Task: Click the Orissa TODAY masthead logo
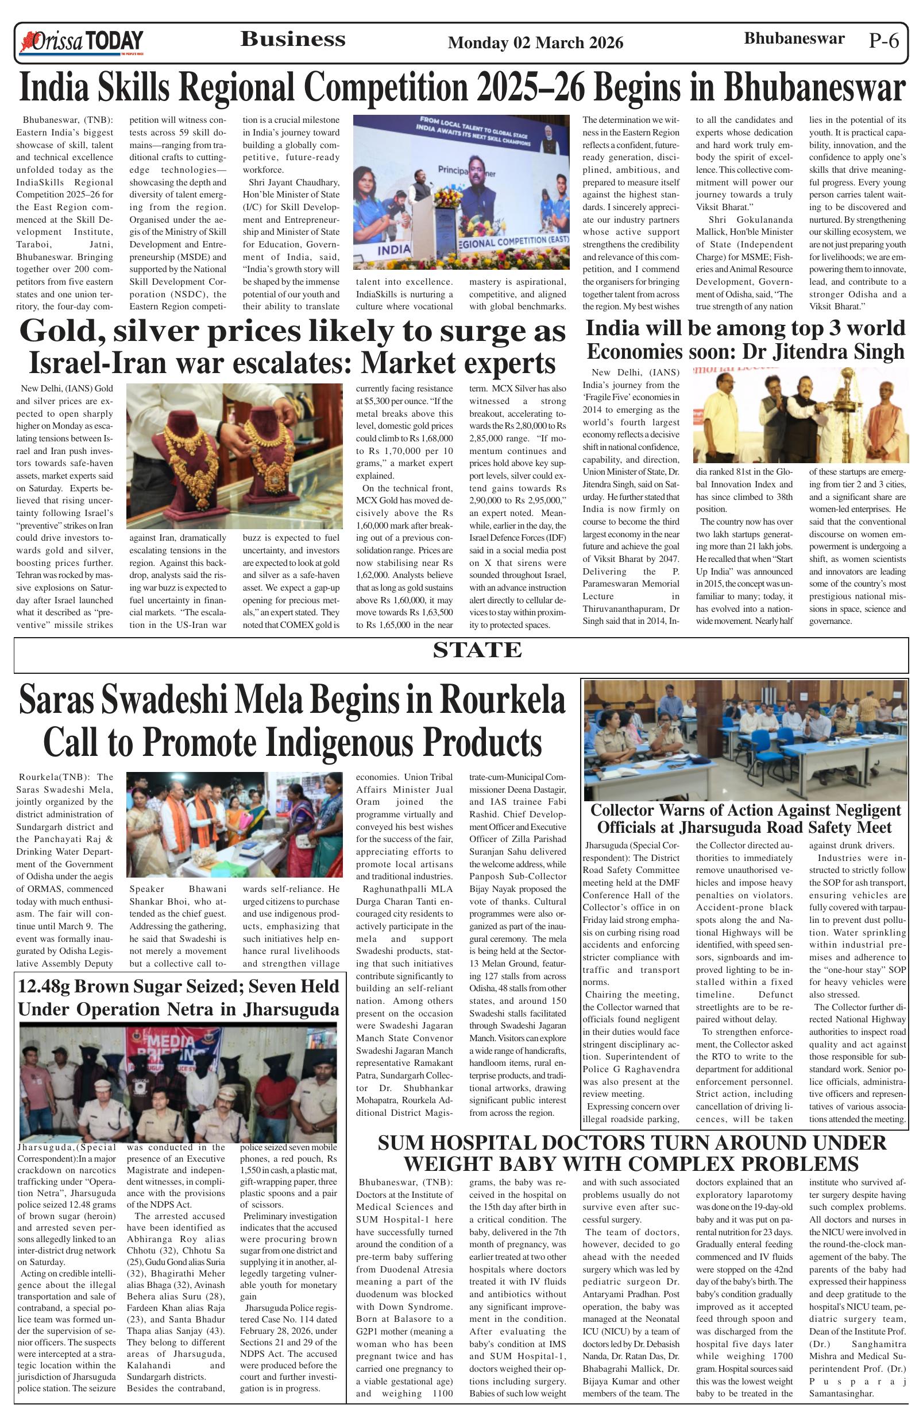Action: click(x=82, y=42)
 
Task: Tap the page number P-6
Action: click(x=883, y=41)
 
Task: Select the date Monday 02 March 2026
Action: click(x=535, y=42)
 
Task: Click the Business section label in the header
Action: click(x=293, y=40)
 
